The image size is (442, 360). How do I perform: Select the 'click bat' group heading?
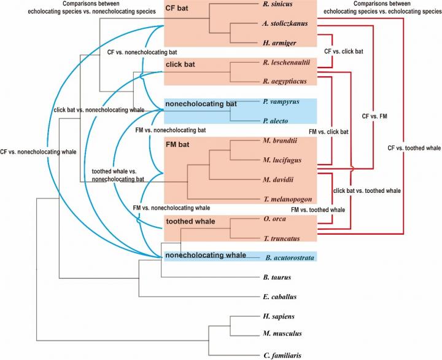pyautogui.click(x=181, y=64)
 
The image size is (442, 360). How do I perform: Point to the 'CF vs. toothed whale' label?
pyautogui.click(x=414, y=147)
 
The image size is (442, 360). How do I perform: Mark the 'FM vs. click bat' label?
pyautogui.click(x=328, y=131)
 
